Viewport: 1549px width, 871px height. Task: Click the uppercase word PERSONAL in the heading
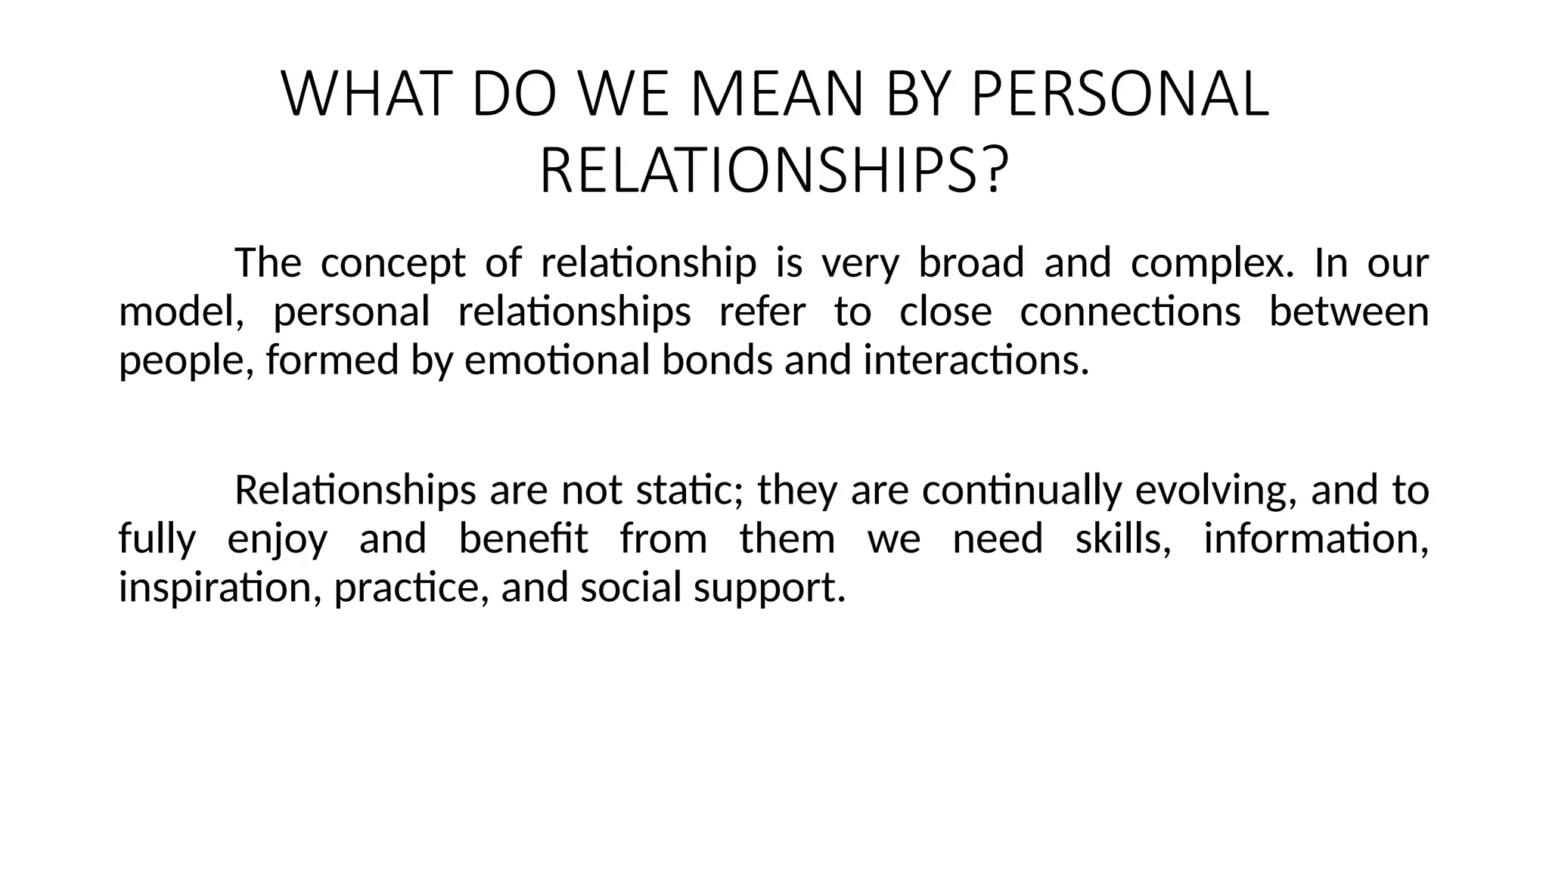point(1119,95)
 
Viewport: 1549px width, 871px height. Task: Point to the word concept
point(393,264)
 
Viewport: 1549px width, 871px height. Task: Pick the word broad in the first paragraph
point(970,263)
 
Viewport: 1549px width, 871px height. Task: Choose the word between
point(1349,312)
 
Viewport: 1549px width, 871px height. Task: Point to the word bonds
point(717,360)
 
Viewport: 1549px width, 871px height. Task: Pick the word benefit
point(523,539)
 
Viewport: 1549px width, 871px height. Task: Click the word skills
point(1122,539)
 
